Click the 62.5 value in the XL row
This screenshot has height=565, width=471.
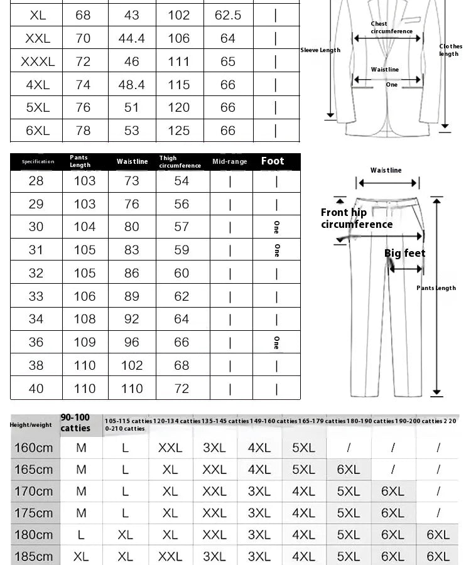coord(227,15)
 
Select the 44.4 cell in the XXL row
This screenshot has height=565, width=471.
coord(131,38)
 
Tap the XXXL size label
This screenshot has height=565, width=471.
coord(38,62)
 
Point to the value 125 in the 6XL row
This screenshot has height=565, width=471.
coord(178,131)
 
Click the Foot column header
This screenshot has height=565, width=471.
coord(273,161)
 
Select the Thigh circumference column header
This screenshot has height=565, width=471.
coord(180,162)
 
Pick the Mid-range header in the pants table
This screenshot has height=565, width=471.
coord(230,162)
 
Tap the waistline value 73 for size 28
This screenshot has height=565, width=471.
coord(131,181)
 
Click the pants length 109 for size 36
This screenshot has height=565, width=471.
coord(85,342)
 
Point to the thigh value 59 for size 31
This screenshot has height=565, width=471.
coord(181,250)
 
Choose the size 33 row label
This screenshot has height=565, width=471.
coord(36,296)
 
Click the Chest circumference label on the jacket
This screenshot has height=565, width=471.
coord(391,28)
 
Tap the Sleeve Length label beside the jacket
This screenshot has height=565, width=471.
coord(320,50)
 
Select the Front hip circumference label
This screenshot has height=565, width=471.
coord(356,218)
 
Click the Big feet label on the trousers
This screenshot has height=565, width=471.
coord(404,254)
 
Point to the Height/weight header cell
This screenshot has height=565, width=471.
coord(31,425)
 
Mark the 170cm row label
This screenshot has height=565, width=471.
coord(33,492)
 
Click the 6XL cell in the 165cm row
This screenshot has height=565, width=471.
coord(348,470)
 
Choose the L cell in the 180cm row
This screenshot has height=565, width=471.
coord(81,535)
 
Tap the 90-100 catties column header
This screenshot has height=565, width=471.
coord(75,423)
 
